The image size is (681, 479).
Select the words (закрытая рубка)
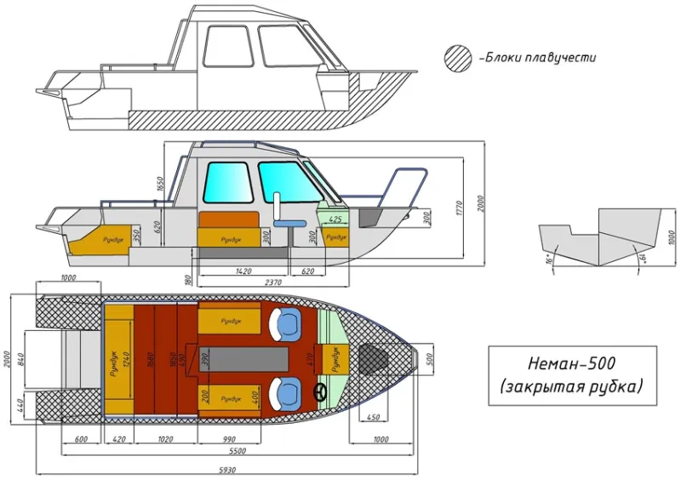572,388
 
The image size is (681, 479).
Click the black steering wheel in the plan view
321,393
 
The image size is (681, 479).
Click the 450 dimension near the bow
372,418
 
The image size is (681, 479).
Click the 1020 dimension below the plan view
166,440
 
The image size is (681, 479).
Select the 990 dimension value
229,440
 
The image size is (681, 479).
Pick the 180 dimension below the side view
186,278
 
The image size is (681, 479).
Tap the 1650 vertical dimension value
159,185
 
